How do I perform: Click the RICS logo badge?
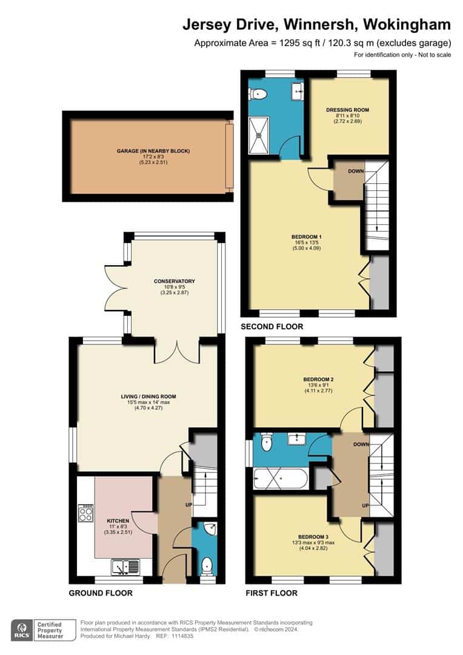pos(23,629)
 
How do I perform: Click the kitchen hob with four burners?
pos(86,514)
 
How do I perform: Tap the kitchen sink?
pos(125,566)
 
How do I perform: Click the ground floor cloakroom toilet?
pos(207,565)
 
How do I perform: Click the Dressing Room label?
pos(347,110)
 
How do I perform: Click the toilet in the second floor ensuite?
pos(259,93)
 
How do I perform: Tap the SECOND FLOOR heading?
pos(271,327)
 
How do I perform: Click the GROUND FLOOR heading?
pos(101,593)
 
